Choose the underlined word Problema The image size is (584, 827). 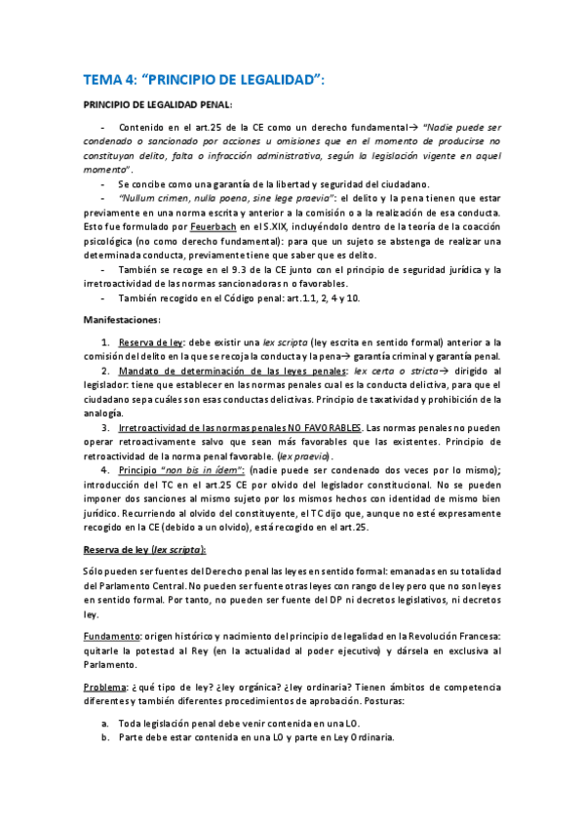pos(105,686)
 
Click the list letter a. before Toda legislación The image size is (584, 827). pos(104,724)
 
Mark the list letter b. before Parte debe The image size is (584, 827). pos(104,738)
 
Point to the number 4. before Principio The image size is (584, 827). pos(105,470)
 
